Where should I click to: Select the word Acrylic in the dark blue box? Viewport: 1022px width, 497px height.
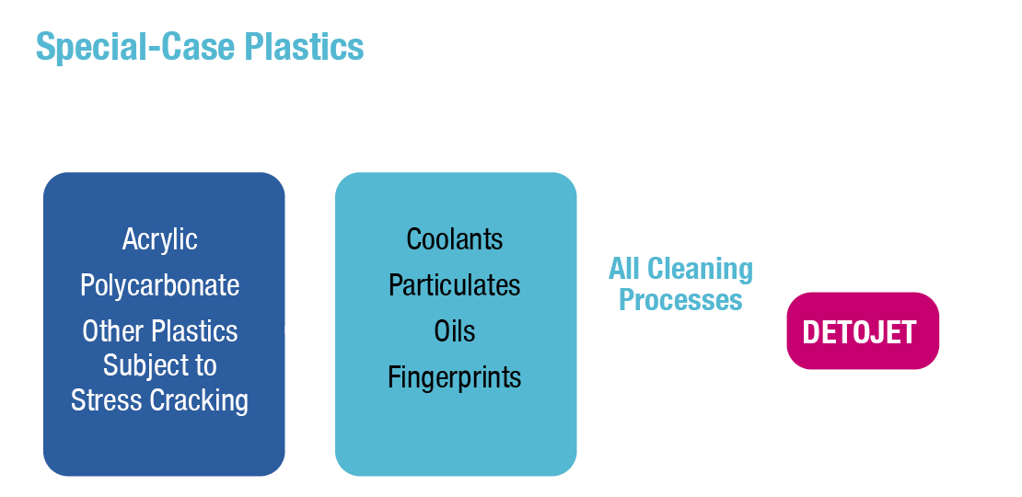point(160,239)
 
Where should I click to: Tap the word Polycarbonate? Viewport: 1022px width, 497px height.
point(160,285)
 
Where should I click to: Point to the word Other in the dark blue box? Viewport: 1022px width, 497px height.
point(113,331)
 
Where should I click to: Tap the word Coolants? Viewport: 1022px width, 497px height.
point(455,239)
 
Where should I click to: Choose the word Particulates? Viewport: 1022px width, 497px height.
point(455,285)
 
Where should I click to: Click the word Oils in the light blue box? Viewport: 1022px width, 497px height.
point(455,331)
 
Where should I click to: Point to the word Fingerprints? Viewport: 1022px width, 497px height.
point(455,377)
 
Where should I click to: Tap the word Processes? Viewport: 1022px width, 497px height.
point(680,300)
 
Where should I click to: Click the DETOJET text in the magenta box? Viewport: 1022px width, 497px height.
point(860,332)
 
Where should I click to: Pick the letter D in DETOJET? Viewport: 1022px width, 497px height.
point(811,332)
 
